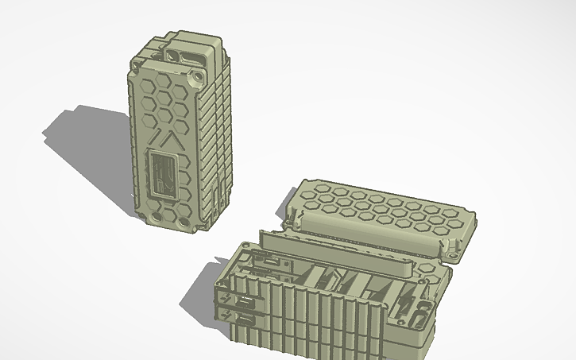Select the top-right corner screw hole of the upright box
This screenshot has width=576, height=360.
[196, 80]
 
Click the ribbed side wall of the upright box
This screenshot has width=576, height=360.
[218, 143]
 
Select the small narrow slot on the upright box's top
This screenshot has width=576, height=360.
[172, 54]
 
